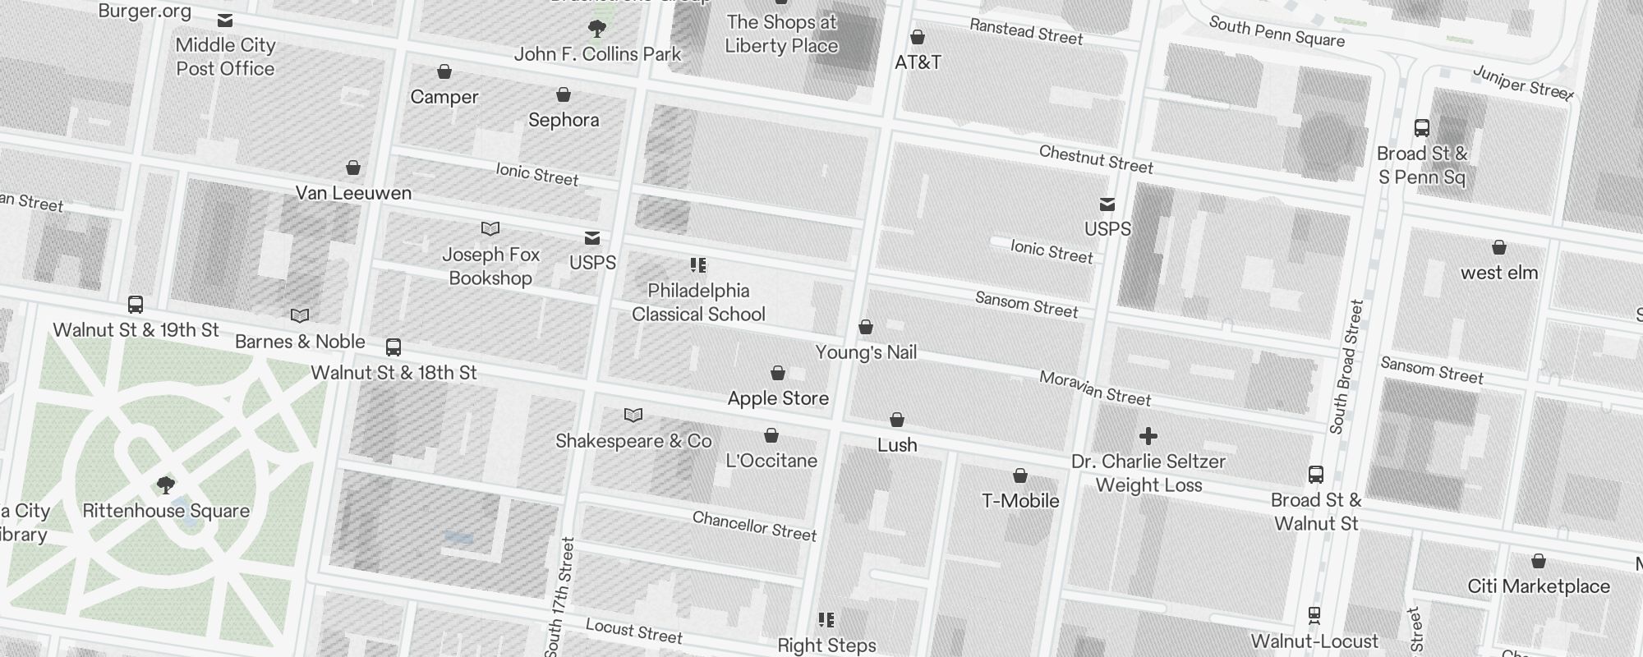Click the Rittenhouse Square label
click(166, 511)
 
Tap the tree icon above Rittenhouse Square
click(165, 485)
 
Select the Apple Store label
click(778, 398)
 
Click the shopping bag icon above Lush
click(897, 420)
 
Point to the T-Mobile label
click(1020, 501)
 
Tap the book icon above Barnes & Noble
click(300, 316)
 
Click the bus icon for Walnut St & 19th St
click(136, 305)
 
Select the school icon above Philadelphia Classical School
click(698, 265)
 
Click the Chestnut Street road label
click(1096, 159)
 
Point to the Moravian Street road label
click(1095, 388)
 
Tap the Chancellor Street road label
click(754, 526)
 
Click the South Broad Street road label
click(1346, 366)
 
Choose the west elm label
click(1498, 273)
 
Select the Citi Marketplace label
click(1538, 586)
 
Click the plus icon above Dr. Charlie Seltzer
click(1148, 436)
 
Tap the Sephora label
click(564, 120)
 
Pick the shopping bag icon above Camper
click(444, 72)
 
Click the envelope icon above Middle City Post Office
click(225, 21)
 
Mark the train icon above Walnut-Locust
click(1314, 615)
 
